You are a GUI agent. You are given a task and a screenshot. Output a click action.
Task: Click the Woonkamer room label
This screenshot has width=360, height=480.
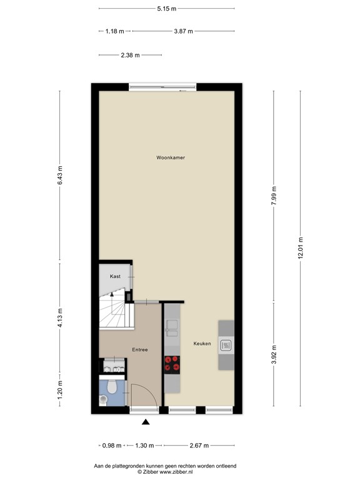[171, 157]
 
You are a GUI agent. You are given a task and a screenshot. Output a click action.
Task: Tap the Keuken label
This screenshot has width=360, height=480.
[202, 344]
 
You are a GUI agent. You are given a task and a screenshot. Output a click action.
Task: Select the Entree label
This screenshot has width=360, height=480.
[139, 349]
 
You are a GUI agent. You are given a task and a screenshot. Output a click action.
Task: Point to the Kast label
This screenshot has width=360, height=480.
[115, 276]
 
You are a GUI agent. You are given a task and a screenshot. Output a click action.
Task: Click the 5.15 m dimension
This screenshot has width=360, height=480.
[166, 9]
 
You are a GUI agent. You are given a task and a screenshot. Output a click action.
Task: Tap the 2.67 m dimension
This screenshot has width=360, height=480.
[199, 446]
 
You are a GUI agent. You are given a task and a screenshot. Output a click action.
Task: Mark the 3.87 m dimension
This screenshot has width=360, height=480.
[183, 31]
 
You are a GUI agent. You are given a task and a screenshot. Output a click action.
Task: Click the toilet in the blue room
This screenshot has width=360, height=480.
[112, 387]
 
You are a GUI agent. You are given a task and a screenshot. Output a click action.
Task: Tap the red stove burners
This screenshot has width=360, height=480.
[171, 363]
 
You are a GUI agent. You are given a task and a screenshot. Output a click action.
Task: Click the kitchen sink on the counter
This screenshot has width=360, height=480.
[171, 326]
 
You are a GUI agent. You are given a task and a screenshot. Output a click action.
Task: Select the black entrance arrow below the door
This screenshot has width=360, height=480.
[146, 422]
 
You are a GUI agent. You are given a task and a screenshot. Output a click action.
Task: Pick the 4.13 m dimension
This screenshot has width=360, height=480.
[61, 317]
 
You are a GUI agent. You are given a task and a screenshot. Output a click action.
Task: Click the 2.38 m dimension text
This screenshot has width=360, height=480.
[130, 55]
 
